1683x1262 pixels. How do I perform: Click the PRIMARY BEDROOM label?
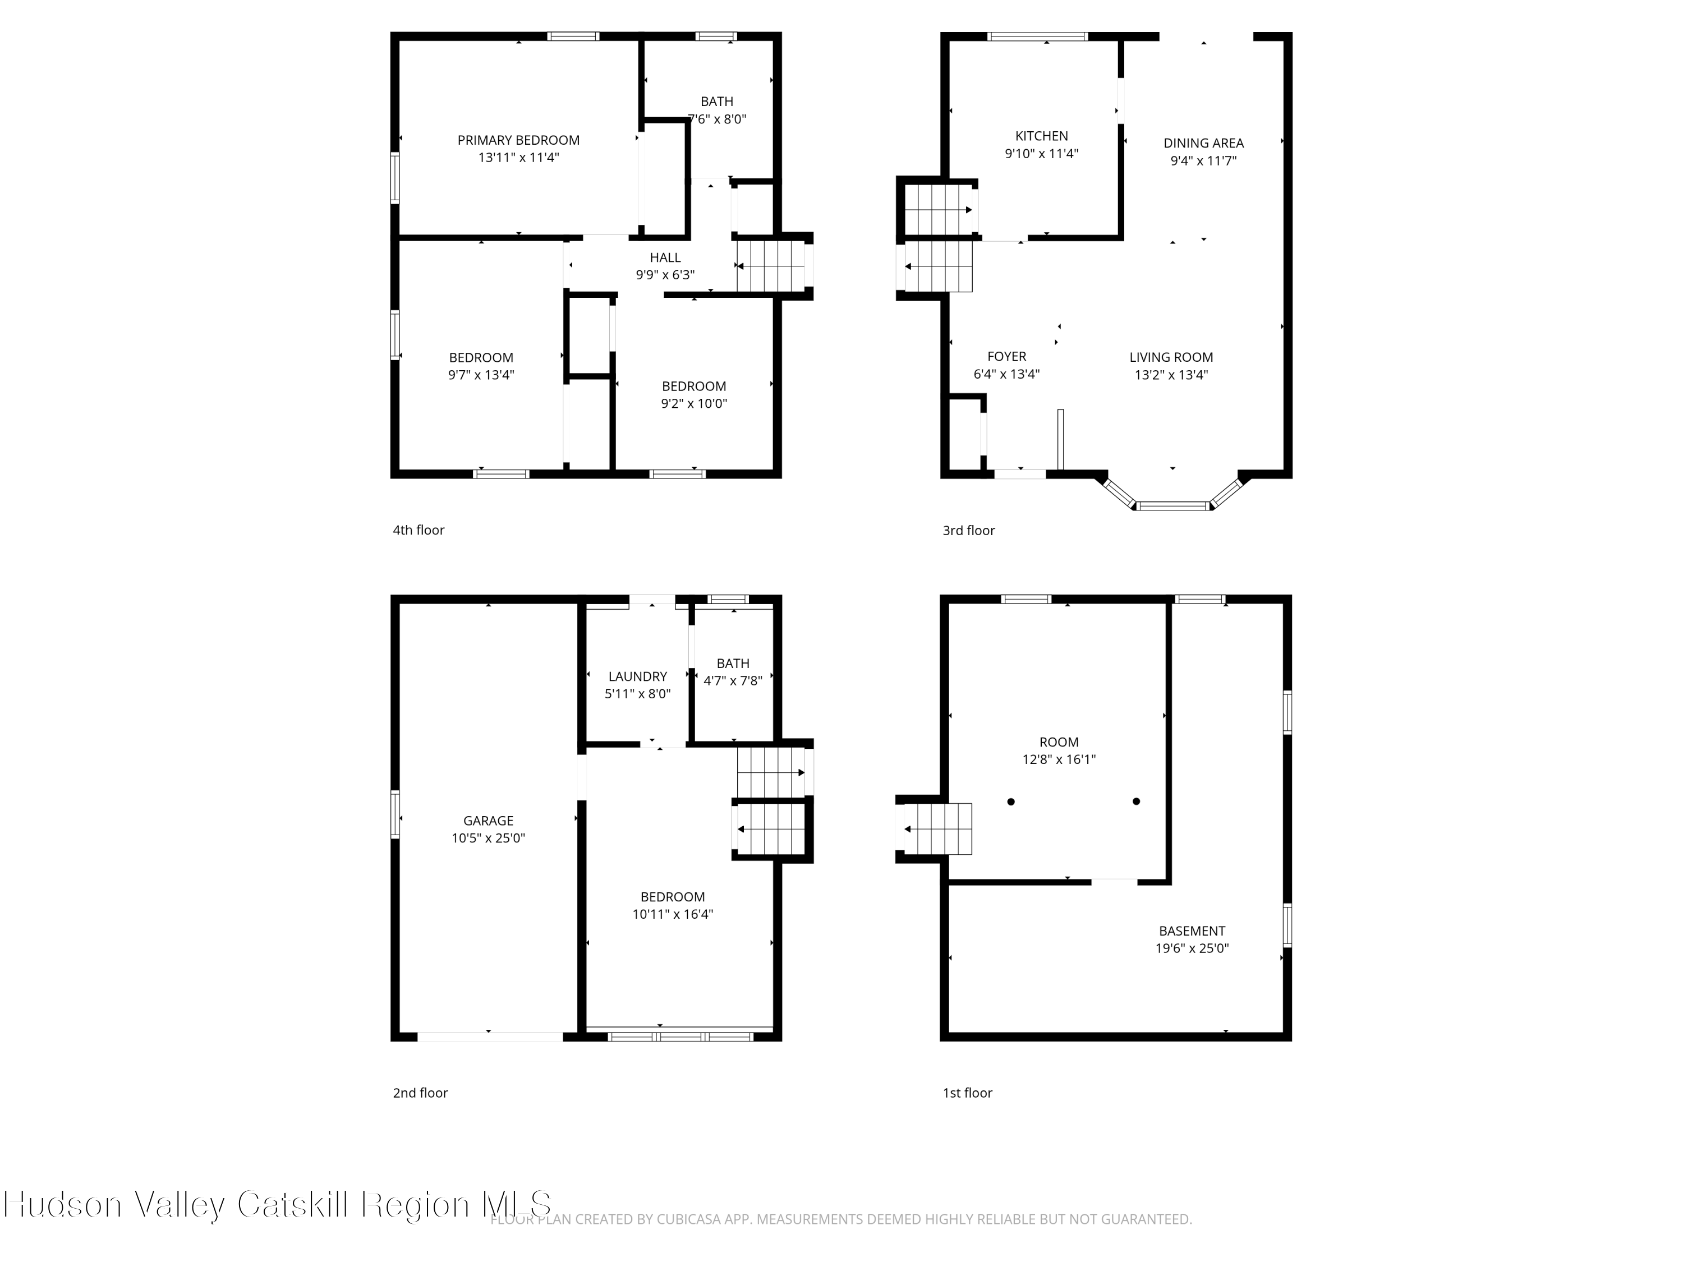coord(518,140)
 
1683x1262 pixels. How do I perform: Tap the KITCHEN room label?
coord(1041,136)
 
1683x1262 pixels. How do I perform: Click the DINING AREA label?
coord(1203,143)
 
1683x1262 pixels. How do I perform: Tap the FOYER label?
coord(1006,357)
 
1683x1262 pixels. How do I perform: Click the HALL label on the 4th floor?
coord(665,258)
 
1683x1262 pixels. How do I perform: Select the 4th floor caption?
coord(419,530)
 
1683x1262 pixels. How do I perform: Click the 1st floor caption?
coord(967,1093)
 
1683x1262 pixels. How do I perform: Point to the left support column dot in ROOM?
coord(1010,802)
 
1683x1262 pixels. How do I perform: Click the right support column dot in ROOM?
coord(1136,801)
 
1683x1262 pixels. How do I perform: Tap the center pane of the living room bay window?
coord(1172,506)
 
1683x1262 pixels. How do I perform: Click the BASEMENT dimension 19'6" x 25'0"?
coord(1192,948)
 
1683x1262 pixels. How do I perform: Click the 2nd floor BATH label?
coord(733,664)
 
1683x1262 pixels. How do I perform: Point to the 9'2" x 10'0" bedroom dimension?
coord(693,404)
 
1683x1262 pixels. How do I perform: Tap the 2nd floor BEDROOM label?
coord(672,897)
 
